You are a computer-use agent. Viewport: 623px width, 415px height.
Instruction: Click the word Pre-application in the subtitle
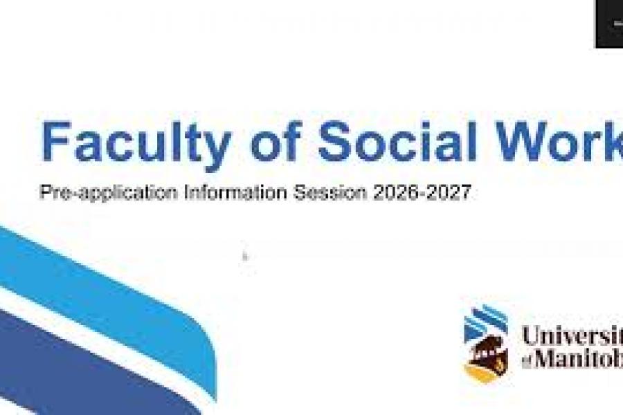(109, 193)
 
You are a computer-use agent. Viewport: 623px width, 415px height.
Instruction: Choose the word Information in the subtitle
(235, 192)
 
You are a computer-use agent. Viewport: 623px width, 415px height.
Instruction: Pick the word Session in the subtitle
(331, 192)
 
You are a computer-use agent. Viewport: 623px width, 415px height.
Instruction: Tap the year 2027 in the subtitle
(448, 192)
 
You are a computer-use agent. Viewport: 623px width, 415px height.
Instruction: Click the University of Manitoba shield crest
(486, 344)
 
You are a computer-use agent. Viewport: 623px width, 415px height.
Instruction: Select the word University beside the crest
(572, 336)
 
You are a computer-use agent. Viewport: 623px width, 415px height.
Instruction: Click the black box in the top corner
(608, 24)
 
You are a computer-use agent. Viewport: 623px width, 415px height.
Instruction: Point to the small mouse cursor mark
(245, 257)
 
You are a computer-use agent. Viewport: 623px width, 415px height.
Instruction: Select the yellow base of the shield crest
(482, 373)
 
